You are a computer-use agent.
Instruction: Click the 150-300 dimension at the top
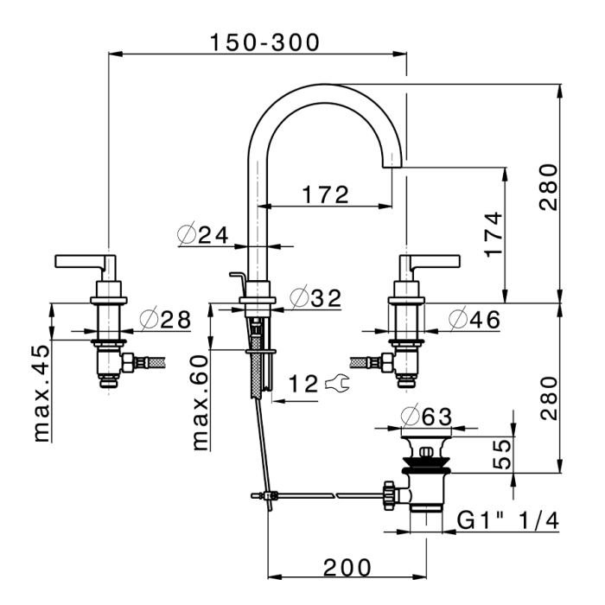264,42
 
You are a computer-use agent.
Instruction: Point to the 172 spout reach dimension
325,194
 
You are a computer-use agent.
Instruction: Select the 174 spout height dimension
494,234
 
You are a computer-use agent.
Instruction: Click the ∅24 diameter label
203,234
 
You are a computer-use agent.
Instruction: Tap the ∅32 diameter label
315,298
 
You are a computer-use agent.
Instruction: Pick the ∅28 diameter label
165,320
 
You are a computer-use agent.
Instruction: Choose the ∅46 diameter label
474,320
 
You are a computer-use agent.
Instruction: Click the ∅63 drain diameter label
426,417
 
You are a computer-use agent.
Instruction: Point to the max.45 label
41,392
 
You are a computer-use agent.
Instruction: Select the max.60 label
200,403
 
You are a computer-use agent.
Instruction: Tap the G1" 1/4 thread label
507,521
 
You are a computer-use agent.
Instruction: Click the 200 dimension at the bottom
347,568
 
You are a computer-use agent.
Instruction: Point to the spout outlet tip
392,167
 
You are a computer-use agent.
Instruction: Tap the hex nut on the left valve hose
128,363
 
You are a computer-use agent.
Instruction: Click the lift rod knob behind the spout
234,275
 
